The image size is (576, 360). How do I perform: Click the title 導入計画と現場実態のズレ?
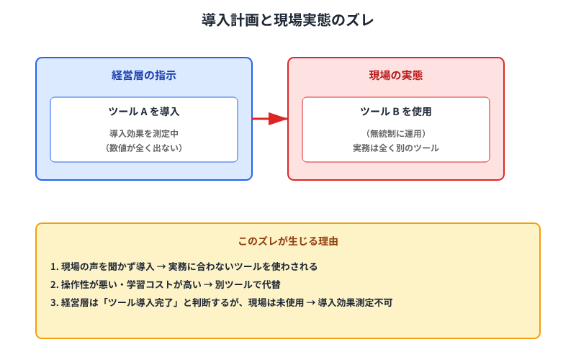(x=288, y=20)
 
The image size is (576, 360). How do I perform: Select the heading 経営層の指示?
(x=144, y=75)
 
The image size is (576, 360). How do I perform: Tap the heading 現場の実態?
(x=396, y=75)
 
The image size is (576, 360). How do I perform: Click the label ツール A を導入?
(x=144, y=112)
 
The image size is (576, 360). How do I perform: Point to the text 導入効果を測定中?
(x=144, y=133)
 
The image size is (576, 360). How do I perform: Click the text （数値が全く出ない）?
(x=144, y=148)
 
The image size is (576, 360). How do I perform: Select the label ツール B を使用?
(x=396, y=112)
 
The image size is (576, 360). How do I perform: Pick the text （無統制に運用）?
(x=396, y=133)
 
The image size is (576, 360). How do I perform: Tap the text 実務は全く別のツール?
(x=396, y=148)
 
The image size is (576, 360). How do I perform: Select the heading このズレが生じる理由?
(x=288, y=241)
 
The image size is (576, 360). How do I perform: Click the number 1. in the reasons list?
(x=55, y=266)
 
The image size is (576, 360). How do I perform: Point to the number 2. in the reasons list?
(x=55, y=284)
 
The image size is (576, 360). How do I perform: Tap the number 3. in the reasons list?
(x=55, y=302)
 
